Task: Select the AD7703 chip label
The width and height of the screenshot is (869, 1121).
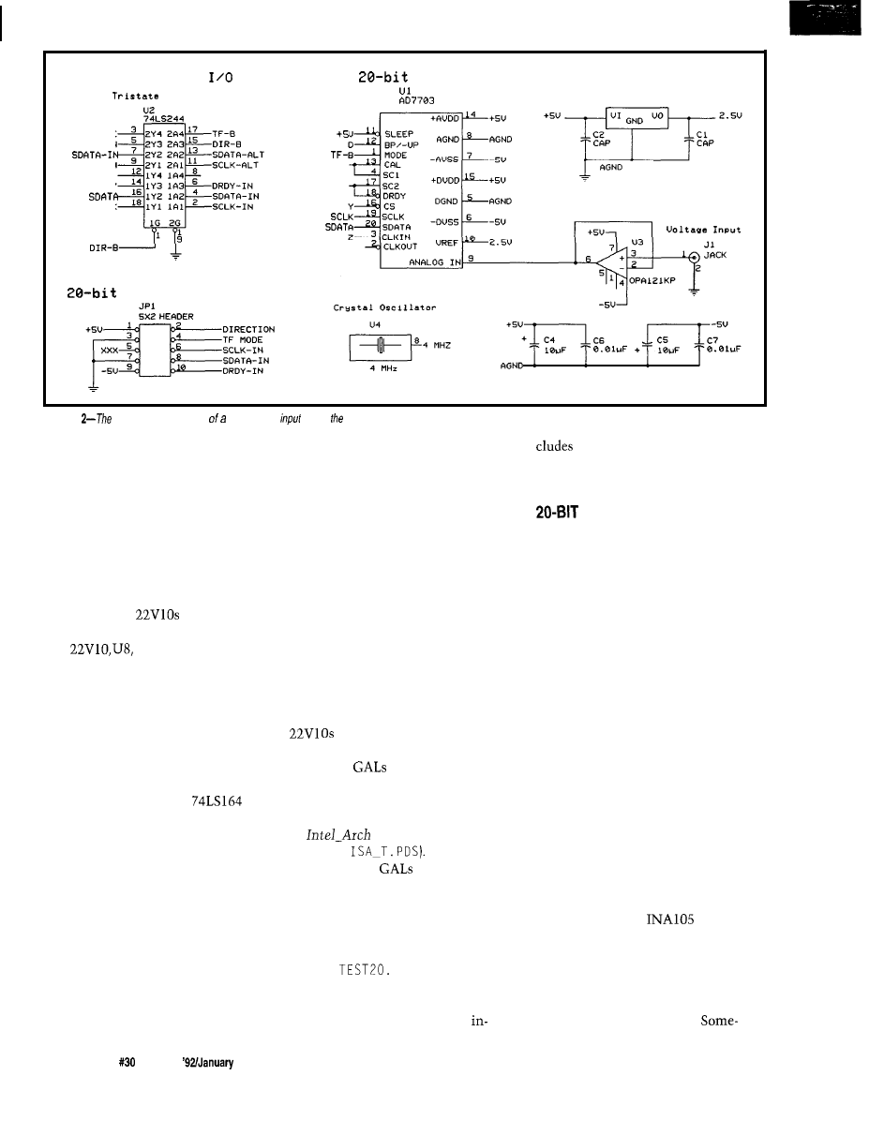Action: coord(403,104)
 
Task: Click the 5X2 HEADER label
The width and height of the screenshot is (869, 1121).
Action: coord(165,317)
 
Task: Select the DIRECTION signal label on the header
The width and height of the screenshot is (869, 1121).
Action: coord(248,330)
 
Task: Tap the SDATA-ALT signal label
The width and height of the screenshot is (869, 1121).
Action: coord(240,152)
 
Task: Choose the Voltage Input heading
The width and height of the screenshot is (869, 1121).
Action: coord(703,229)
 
